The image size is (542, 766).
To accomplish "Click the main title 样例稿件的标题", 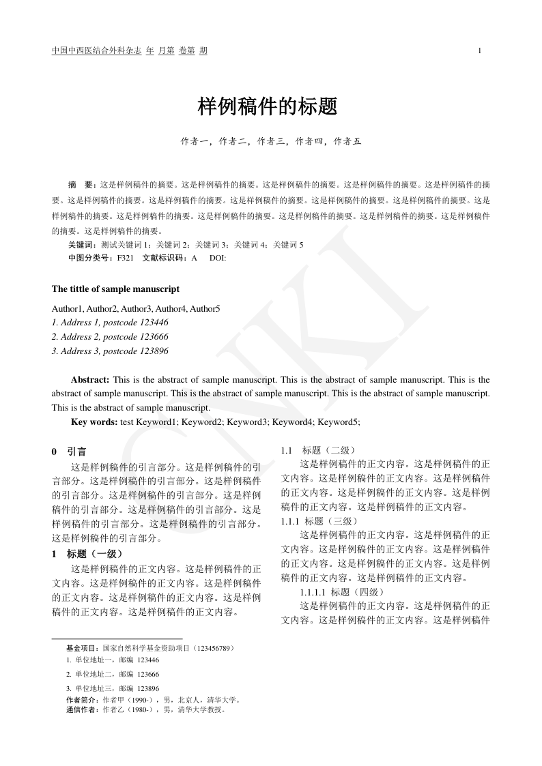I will (x=268, y=106).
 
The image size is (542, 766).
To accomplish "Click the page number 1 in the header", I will (x=480, y=51).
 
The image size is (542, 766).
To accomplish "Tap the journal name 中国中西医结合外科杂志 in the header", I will (x=96, y=51).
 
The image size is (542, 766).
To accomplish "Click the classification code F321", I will (x=125, y=258).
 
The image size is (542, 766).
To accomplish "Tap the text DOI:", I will (x=218, y=258).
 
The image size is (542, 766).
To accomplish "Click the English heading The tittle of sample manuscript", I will (x=115, y=289).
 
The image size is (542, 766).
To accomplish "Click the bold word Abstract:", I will (x=90, y=379).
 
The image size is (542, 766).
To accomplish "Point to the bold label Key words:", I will (x=94, y=422).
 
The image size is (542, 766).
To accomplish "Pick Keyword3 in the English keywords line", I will (x=247, y=422).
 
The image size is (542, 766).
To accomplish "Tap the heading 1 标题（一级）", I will (x=87, y=554).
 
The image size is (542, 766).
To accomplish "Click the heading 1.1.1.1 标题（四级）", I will (x=343, y=592).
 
